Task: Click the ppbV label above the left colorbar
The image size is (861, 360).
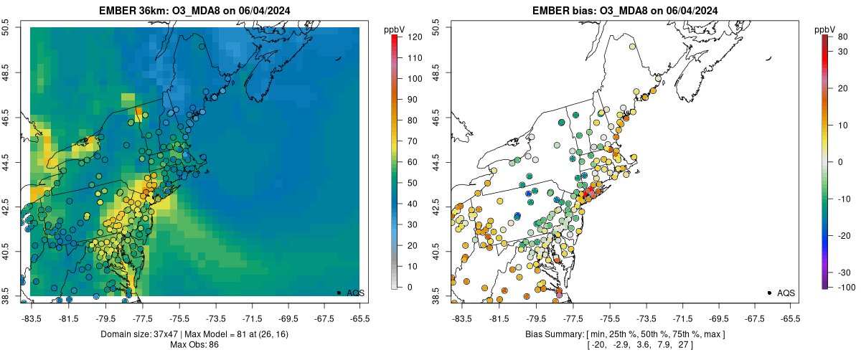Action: pos(395,29)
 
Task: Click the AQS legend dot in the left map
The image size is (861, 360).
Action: pos(339,293)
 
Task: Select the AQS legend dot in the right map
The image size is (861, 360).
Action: pos(769,293)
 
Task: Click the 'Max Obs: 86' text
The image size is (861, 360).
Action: pos(194,345)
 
